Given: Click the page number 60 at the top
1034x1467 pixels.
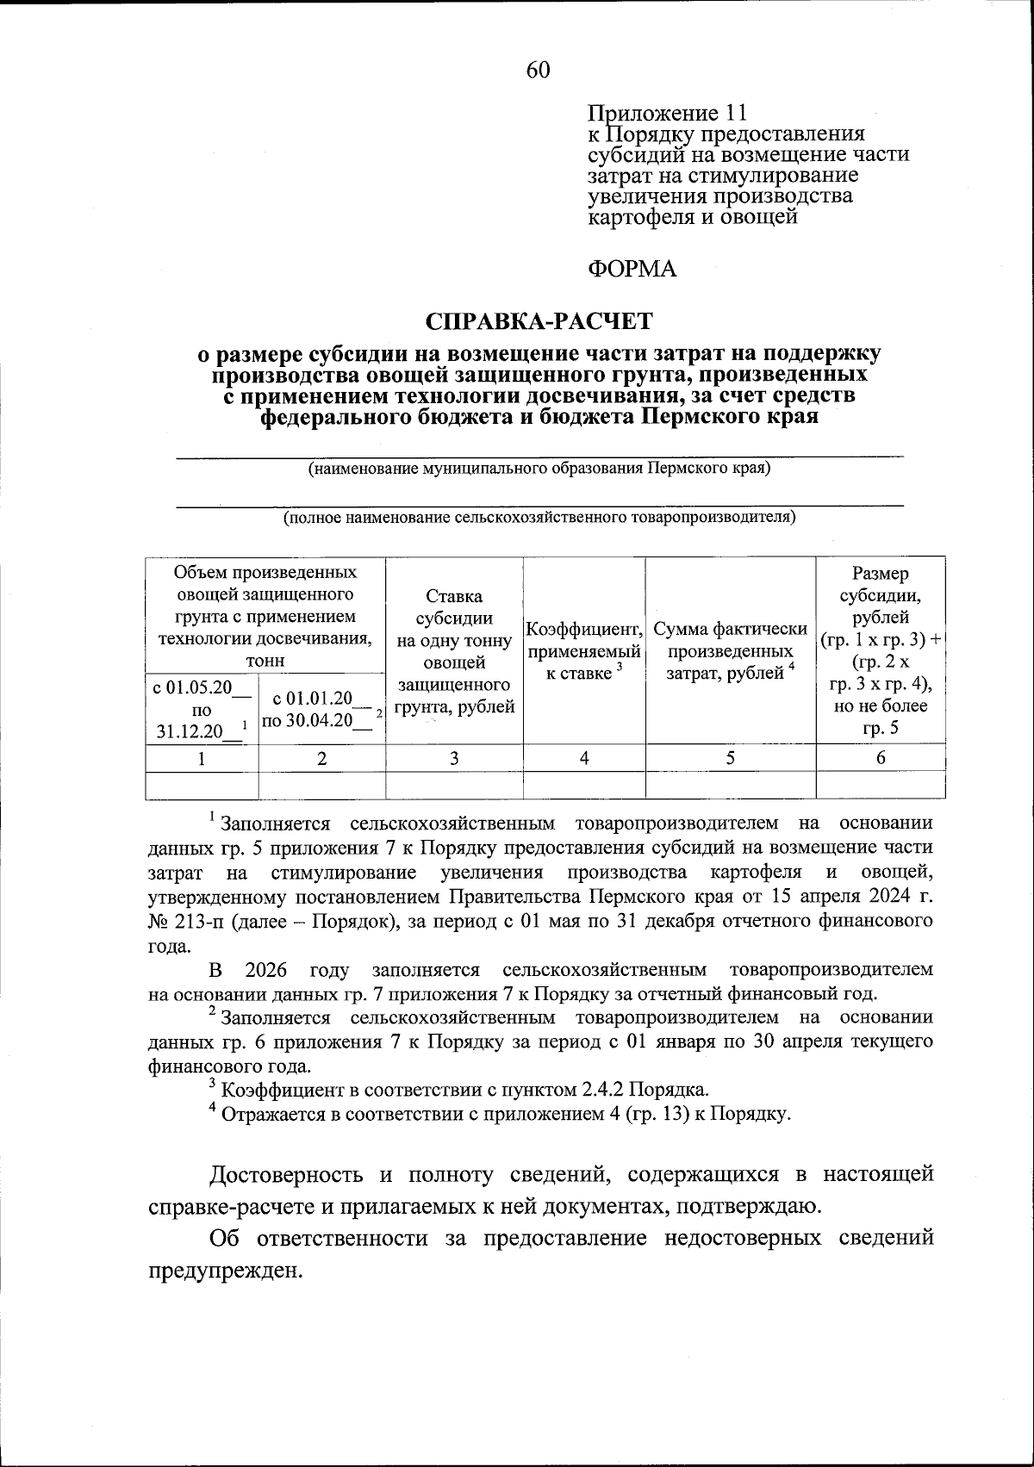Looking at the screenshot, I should (537, 70).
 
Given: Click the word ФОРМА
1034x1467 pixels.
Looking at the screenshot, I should (632, 270).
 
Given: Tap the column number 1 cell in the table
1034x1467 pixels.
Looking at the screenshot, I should (202, 758).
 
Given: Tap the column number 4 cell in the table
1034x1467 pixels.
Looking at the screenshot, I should (584, 758).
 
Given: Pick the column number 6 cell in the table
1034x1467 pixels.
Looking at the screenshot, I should (880, 758).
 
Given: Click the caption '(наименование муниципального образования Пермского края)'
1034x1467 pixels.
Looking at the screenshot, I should (539, 469).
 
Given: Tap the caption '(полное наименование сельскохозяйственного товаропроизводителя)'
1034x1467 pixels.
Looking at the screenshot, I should (539, 518).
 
